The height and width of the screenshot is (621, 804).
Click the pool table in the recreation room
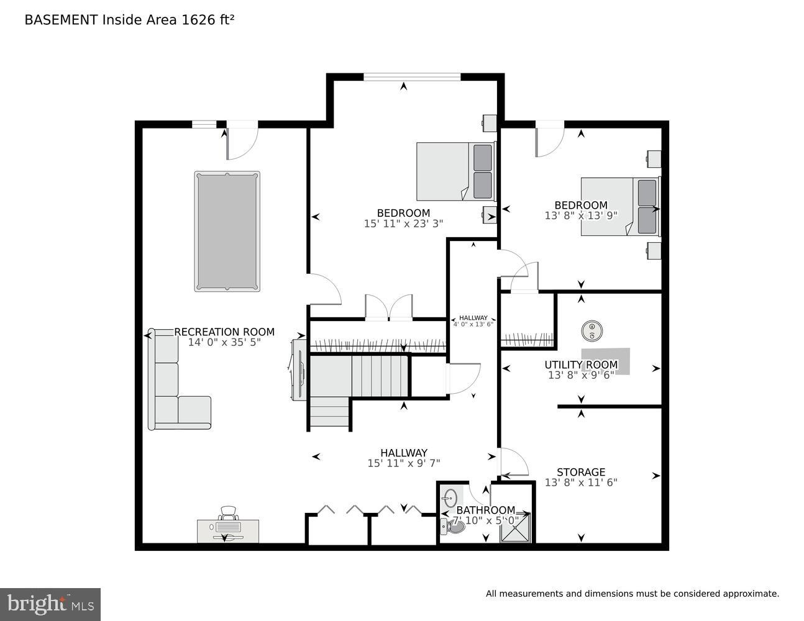227,231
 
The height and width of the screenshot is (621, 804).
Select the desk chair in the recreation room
228,514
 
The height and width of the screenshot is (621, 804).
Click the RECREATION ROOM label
224,332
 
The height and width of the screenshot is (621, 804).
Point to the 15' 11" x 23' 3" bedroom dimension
403,224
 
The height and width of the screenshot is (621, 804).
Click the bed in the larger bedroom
455,171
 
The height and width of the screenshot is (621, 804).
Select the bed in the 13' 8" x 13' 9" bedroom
619,207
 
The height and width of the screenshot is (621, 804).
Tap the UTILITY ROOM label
581,365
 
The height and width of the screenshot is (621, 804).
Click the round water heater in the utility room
593,330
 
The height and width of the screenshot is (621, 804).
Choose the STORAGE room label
581,472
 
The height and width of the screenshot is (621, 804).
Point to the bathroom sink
450,497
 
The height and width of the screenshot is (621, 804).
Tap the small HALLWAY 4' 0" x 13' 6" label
473,320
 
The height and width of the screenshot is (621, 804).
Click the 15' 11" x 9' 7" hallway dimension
403,463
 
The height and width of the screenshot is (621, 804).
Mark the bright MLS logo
50,604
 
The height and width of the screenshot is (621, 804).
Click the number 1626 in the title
196,20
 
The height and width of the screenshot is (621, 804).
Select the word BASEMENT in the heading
61,20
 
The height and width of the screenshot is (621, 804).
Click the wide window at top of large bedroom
412,77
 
